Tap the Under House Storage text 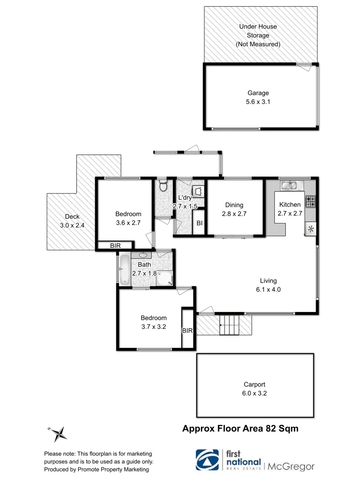coord(258,35)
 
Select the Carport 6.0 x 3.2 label coord(255,389)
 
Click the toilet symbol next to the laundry coord(163,185)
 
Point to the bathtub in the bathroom coord(124,269)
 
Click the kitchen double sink coord(292,184)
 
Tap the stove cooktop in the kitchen coord(310,201)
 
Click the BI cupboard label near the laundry coord(200,224)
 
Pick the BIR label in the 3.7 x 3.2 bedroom coord(188,331)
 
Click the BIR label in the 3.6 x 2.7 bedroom coord(115,245)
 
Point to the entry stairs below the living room coord(230,325)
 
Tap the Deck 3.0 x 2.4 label coord(72,221)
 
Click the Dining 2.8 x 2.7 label coord(234,209)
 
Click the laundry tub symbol coord(198,191)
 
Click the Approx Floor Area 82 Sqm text coord(240,428)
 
